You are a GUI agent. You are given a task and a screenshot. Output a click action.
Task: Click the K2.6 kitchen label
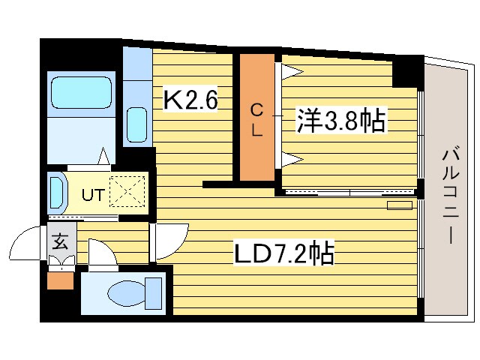[x=190, y=100]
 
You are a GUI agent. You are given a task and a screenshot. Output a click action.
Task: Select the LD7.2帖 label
[x=284, y=253]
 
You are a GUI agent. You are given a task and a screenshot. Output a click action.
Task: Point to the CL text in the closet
[x=256, y=120]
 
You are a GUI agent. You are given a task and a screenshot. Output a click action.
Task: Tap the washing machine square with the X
[x=125, y=191]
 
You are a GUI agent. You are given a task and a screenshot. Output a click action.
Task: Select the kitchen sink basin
[x=136, y=123]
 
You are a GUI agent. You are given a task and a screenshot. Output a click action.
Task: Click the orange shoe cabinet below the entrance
[x=60, y=282]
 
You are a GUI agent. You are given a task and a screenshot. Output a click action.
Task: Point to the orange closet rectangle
[x=256, y=117]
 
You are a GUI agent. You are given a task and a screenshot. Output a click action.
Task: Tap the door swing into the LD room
[x=169, y=241]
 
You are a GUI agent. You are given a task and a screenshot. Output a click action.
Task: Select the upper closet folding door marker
[x=292, y=72]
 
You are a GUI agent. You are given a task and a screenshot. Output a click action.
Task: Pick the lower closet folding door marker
[x=292, y=158]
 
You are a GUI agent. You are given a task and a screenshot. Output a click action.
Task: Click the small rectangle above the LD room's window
[x=400, y=204]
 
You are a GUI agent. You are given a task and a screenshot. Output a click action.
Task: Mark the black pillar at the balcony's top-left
[x=408, y=72]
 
